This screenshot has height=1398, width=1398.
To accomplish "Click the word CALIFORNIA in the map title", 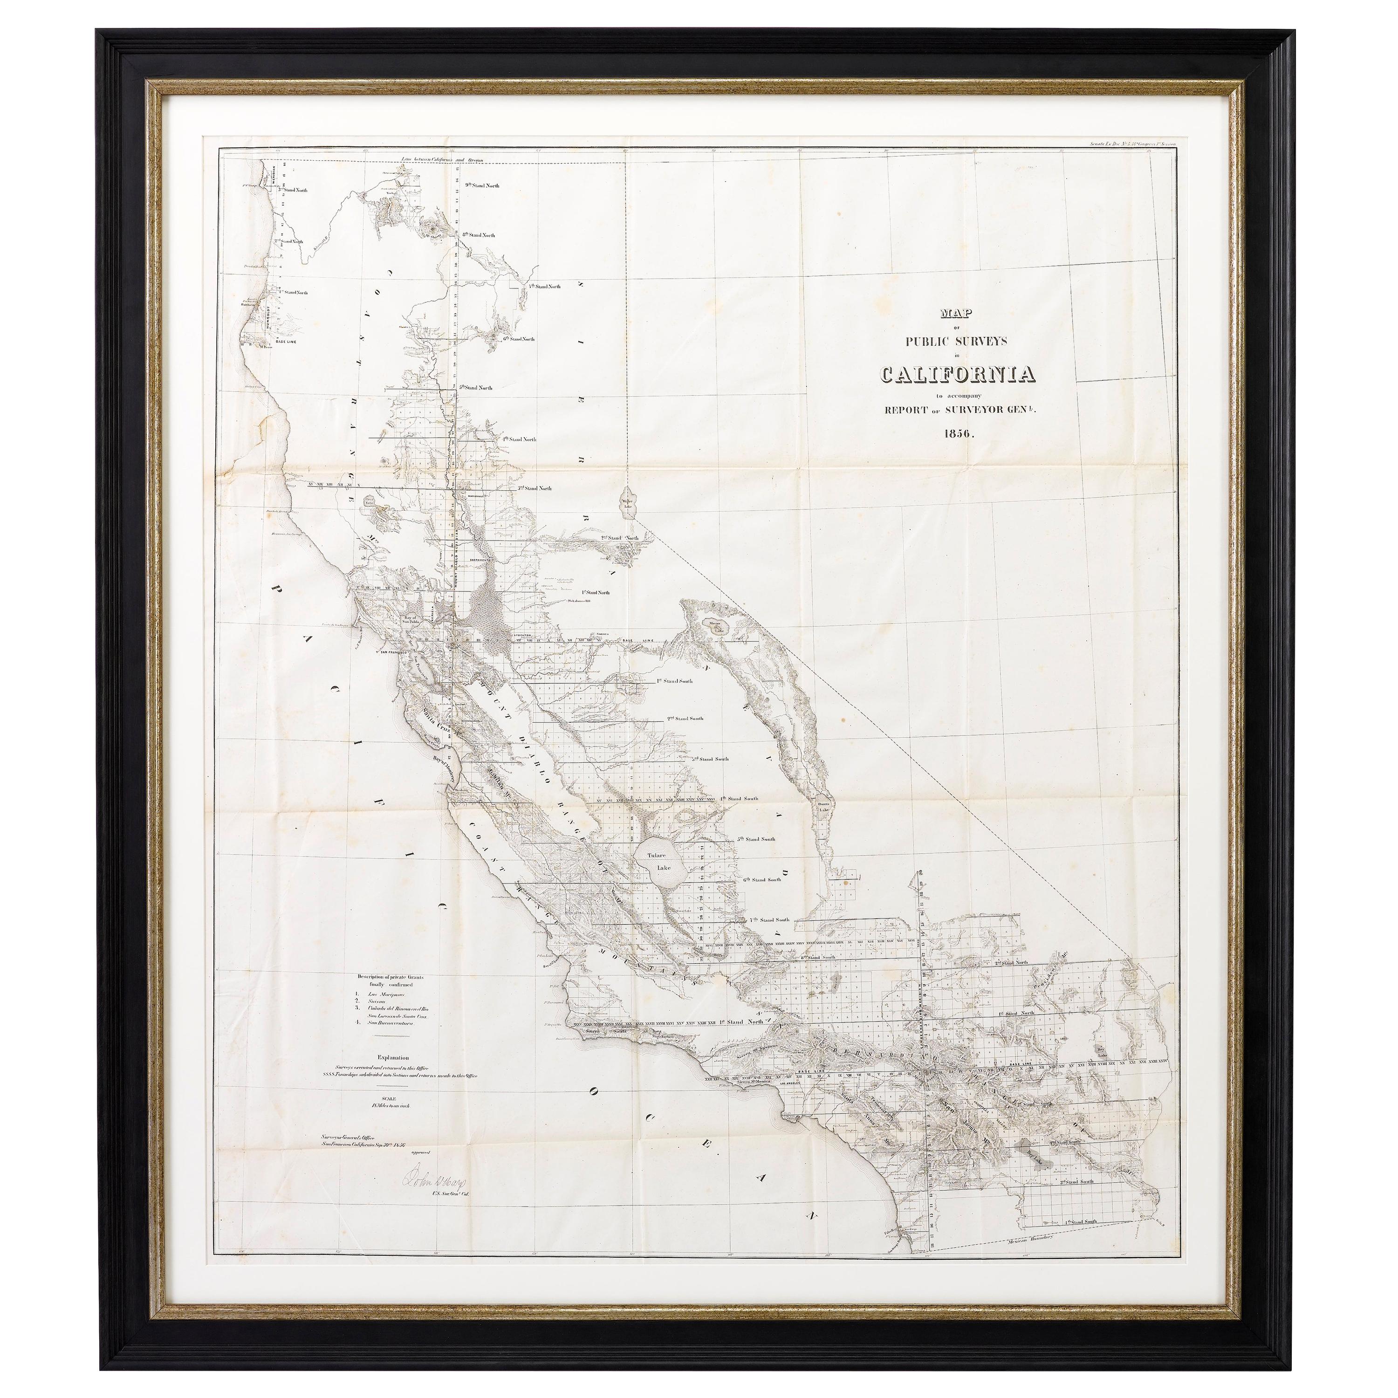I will pos(957,375).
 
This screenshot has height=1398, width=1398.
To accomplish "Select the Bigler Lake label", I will pos(627,501).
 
